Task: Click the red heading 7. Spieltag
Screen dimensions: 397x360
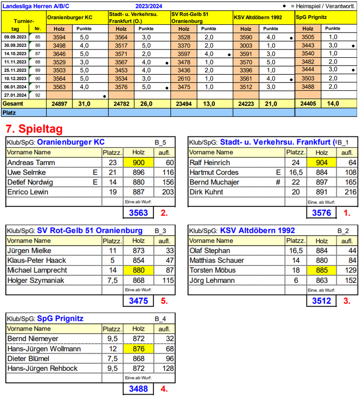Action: click(33, 129)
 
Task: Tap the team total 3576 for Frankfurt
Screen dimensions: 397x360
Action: click(321, 212)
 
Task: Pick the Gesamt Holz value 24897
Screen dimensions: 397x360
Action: click(59, 103)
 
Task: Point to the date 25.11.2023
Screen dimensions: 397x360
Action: click(15, 70)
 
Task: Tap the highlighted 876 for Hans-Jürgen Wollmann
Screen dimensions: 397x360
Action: click(138, 349)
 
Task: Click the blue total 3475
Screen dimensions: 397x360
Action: click(138, 301)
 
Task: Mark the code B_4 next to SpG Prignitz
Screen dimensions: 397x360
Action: click(160, 319)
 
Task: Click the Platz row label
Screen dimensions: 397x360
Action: click(10, 113)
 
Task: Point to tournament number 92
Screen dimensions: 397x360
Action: click(38, 95)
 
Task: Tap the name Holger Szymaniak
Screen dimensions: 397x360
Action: click(35, 280)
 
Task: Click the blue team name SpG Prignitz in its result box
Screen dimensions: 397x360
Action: click(60, 319)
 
